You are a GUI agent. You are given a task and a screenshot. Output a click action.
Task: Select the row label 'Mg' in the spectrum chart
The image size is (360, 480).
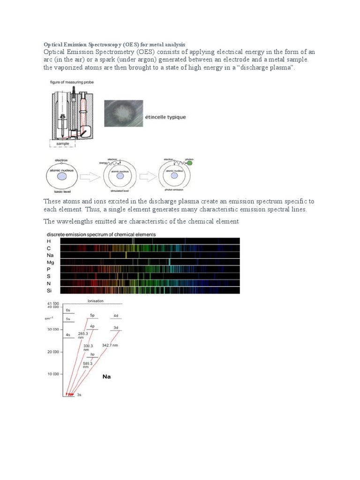coord(51,262)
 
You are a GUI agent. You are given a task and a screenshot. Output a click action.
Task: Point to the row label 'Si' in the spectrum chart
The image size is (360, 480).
coord(50,291)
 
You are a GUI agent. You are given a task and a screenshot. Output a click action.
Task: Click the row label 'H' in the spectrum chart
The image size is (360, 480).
coord(49,241)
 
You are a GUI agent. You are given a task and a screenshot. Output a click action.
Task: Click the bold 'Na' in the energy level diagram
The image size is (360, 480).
coord(107,376)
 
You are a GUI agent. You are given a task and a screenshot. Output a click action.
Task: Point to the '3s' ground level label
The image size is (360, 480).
coord(79,396)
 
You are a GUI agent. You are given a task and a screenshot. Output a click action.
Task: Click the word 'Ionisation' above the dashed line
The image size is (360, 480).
coord(96,300)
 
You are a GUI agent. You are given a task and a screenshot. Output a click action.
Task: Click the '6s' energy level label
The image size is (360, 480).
coord(68,310)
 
